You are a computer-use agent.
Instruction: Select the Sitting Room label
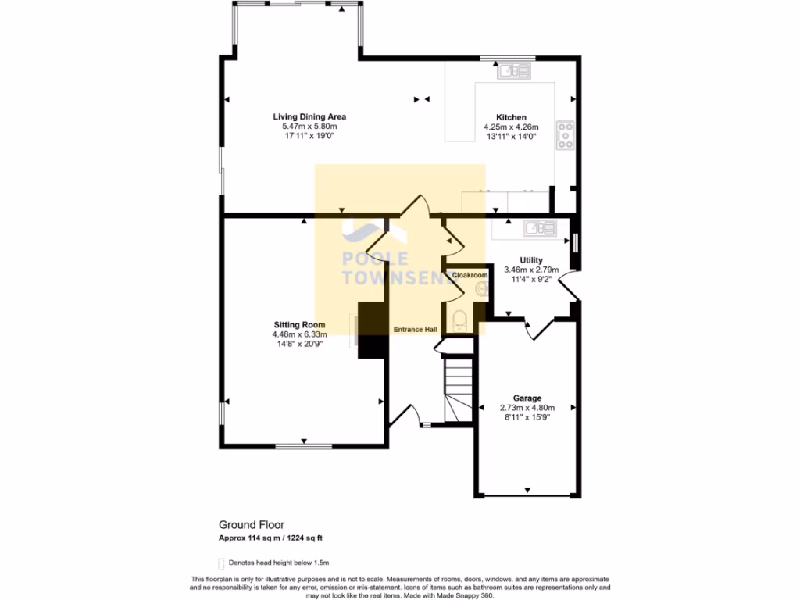coord(299,324)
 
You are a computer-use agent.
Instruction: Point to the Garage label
coord(527,398)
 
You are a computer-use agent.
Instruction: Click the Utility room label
coord(531,260)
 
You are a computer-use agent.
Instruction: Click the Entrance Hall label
coord(415,330)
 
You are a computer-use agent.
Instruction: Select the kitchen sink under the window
coord(514,73)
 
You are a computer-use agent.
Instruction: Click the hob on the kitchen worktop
coord(565,135)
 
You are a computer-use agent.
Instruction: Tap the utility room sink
coord(540,227)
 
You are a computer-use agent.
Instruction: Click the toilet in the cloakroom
coord(460,320)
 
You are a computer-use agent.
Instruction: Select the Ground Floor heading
coord(252,525)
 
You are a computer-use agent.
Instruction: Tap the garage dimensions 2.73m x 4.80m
coord(527,407)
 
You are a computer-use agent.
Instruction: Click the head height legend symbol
coord(221,562)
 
